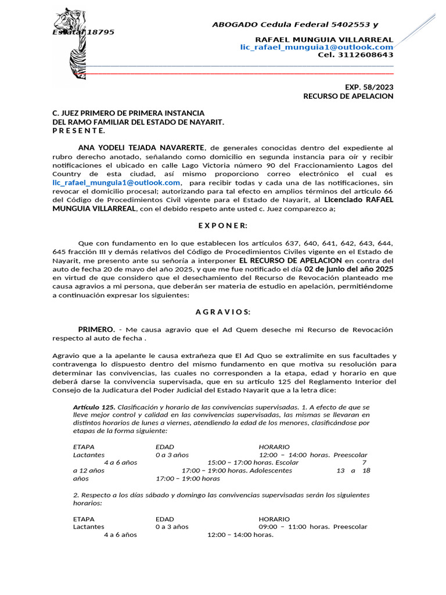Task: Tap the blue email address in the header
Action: pyautogui.click(x=316, y=46)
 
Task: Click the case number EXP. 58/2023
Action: pyautogui.click(x=369, y=87)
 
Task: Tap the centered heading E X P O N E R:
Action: pyautogui.click(x=223, y=225)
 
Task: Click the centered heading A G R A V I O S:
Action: pyautogui.click(x=223, y=312)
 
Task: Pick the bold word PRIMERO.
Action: pyautogui.click(x=96, y=329)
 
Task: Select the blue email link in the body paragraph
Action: pyautogui.click(x=116, y=182)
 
